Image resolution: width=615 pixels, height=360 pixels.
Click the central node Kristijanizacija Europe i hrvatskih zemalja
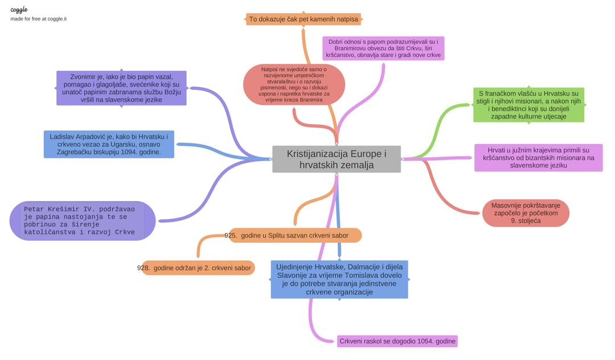pos(336,159)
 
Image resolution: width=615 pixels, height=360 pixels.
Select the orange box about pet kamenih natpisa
pos(304,19)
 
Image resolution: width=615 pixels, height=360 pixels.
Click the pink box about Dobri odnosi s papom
pos(383,48)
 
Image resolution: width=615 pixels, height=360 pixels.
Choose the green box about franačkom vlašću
pos(528,105)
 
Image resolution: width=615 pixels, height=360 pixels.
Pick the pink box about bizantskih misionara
pos(538,158)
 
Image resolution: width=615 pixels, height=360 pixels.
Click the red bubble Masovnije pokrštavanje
pos(525,213)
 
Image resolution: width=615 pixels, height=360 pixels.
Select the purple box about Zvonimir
pos(121,88)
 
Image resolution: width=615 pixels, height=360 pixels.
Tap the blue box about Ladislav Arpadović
pos(109,145)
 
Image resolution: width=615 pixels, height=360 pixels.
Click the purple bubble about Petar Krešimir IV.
pos(83,220)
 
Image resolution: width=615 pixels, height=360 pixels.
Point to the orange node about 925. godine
pos(294,235)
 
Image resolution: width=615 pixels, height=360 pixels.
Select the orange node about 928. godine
pos(197,268)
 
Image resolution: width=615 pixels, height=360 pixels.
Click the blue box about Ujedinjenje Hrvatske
pos(339,279)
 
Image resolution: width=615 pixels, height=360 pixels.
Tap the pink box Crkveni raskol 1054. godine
pos(397,341)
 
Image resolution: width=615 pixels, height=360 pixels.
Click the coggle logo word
pos(19,10)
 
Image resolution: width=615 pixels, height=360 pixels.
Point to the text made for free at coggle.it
pos(38,19)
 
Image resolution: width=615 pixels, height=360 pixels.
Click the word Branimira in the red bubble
pos(309,100)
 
